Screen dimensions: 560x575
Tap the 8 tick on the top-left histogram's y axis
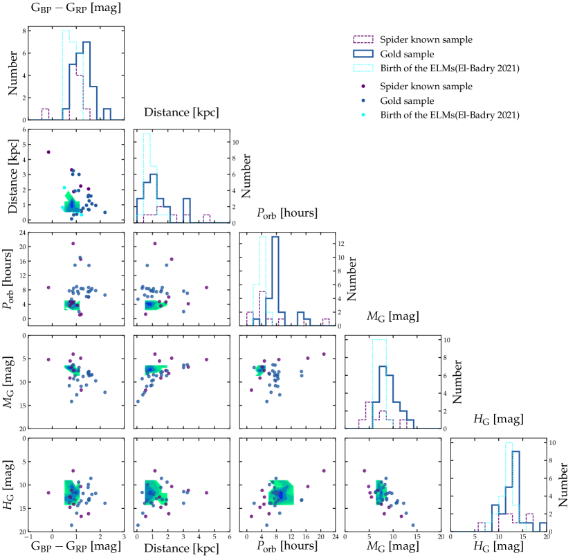(x=24, y=31)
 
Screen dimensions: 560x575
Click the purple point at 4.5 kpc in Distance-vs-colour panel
(x=48, y=152)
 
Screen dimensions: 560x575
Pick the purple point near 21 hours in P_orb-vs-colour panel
(x=73, y=244)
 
